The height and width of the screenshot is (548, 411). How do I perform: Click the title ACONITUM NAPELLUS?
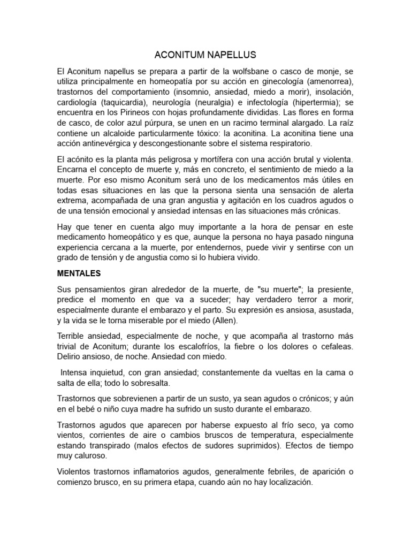(205, 55)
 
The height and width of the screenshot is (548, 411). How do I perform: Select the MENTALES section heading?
(79, 273)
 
